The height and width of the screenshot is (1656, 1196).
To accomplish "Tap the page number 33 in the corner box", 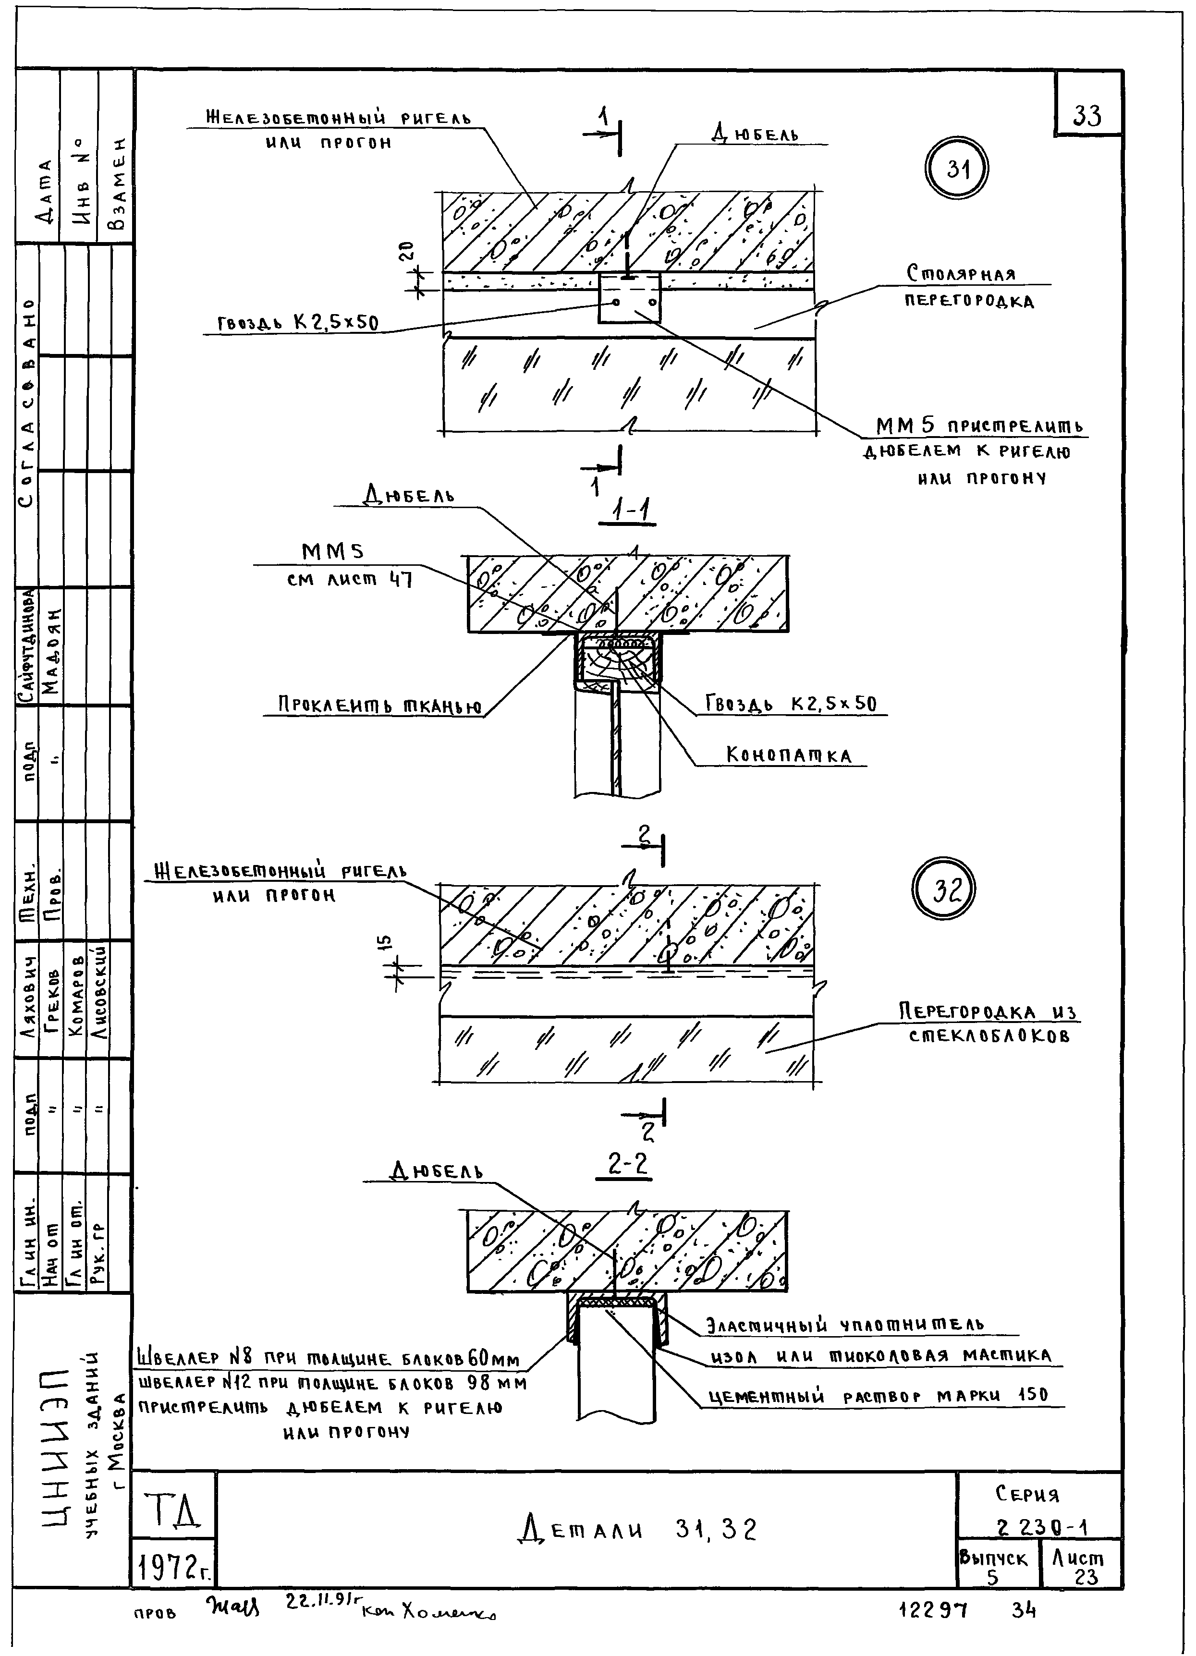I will click(1087, 115).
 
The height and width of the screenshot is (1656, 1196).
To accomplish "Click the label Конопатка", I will click(789, 755).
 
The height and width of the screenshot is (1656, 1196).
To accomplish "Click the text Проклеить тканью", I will click(379, 706).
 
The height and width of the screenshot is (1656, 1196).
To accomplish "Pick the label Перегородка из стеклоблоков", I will click(989, 1023).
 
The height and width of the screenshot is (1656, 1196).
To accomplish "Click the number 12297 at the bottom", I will click(933, 1609).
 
